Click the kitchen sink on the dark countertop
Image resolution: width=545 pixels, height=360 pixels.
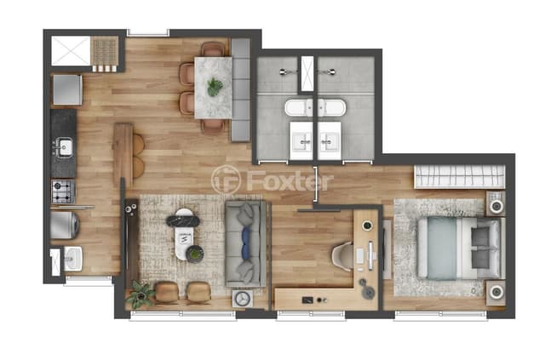click(65, 147)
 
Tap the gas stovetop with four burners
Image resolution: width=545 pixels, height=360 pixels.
click(63, 191)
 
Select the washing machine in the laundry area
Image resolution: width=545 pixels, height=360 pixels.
click(65, 226)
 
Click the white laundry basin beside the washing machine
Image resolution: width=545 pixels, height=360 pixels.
click(73, 259)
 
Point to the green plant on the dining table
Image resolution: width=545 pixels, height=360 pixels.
click(215, 87)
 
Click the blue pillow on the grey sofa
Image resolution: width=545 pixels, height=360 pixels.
click(246, 243)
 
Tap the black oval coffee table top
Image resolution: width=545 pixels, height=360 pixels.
click(183, 221)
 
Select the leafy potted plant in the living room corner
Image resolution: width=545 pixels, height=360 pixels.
click(141, 294)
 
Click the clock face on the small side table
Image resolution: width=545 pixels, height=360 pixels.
click(243, 299)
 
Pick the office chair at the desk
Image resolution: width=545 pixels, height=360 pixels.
click(342, 256)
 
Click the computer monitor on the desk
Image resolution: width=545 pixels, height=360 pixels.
click(370, 256)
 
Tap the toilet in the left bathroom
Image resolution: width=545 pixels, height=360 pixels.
click(299, 108)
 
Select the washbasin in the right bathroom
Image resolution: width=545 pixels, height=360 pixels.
click(329, 141)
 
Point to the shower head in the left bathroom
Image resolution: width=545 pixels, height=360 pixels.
click(286, 72)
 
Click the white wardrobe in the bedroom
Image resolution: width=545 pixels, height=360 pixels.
click(460, 176)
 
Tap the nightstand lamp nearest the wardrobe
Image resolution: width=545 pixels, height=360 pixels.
click(496, 206)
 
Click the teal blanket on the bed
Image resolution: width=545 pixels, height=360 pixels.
click(442, 249)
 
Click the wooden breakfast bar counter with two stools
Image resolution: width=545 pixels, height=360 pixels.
click(123, 155)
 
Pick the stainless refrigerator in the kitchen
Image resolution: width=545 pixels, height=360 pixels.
click(67, 89)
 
